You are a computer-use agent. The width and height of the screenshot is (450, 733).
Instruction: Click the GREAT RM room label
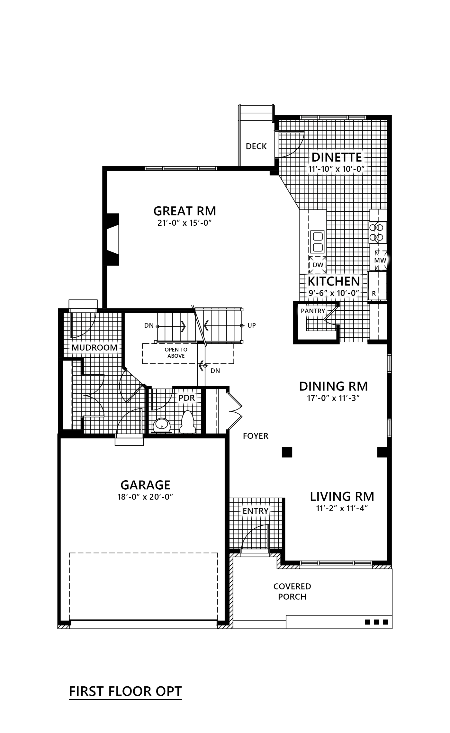184,211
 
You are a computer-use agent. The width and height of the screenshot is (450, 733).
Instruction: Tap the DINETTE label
337,157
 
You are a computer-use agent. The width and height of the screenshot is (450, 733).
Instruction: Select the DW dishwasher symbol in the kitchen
318,265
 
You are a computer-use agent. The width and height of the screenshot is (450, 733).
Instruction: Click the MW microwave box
380,260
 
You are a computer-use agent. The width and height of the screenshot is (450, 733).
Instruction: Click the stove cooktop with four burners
378,232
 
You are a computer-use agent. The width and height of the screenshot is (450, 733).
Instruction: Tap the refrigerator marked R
377,286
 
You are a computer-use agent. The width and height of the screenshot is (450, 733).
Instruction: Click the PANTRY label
313,311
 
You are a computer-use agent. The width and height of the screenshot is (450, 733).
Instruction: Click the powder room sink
161,425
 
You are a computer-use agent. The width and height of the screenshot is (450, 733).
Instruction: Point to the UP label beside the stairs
252,325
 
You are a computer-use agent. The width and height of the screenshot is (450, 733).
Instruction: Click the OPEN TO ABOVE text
176,352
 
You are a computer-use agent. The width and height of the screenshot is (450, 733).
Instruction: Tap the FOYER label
256,436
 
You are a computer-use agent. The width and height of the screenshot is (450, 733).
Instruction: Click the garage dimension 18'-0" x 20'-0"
145,497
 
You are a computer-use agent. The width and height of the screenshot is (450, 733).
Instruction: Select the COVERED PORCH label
292,591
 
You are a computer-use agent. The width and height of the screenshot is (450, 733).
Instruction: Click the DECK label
256,146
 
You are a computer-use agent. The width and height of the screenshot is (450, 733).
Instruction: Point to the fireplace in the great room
113,240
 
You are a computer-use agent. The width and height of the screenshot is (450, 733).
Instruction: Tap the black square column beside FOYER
287,452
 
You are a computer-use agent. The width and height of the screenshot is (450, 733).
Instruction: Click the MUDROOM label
94,348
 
